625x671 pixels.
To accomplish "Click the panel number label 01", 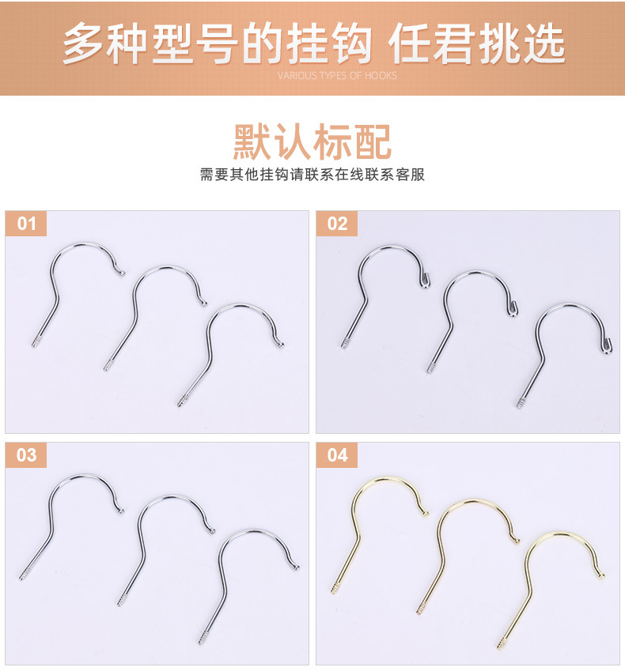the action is [26, 224].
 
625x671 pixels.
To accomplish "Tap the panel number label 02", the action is [337, 224].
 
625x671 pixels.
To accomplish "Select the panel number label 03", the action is [26, 455].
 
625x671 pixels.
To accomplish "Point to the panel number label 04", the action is [337, 455].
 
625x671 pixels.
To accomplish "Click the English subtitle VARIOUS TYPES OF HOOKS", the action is [337, 76].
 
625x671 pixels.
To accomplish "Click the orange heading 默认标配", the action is [312, 142].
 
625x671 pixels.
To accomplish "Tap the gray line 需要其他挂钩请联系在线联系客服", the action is [312, 175].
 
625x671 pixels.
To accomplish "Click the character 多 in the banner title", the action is [84, 44].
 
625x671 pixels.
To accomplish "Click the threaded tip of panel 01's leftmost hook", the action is [35, 341].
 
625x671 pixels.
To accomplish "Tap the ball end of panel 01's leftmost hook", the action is [123, 273].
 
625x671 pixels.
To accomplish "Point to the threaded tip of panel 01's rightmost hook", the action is [182, 401].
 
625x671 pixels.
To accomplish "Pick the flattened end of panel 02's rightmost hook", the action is [607, 346].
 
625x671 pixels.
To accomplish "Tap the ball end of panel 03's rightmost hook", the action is [296, 567].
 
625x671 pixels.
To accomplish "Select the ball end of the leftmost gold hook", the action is [426, 514].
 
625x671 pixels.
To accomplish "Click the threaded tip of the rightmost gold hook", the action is [502, 643].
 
